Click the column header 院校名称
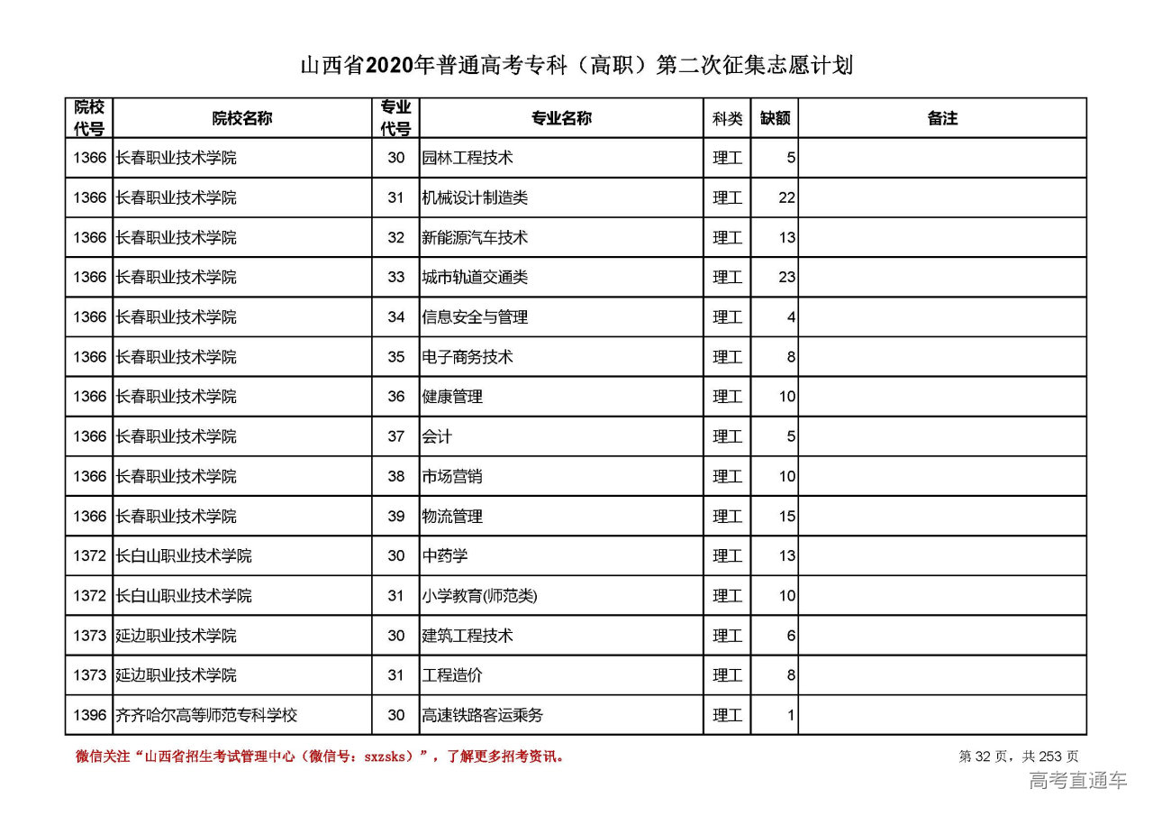(x=241, y=118)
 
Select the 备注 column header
(x=941, y=118)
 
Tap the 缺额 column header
(x=774, y=118)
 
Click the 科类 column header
(x=727, y=118)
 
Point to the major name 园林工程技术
(x=468, y=158)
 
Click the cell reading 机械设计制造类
(x=475, y=197)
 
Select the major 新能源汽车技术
(x=475, y=238)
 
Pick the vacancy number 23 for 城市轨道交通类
(x=786, y=278)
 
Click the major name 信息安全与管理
(x=475, y=317)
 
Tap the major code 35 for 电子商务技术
(x=395, y=357)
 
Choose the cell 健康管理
(x=452, y=397)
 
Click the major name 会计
(x=437, y=436)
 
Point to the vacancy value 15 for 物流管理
(x=786, y=517)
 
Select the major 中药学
(x=445, y=556)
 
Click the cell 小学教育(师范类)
(x=479, y=596)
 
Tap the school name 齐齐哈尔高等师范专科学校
(x=206, y=716)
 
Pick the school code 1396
(x=89, y=716)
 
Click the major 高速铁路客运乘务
(x=483, y=716)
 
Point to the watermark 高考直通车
(x=1077, y=781)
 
